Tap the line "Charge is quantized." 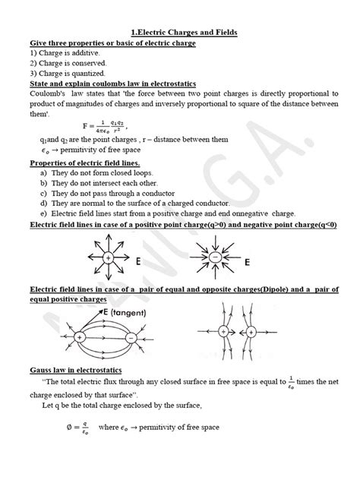click(x=62, y=74)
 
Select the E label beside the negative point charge click(x=248, y=261)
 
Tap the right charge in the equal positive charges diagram click(x=254, y=332)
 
